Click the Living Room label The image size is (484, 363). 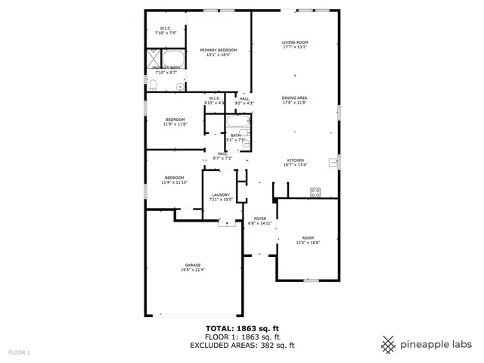click(294, 45)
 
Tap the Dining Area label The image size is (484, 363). click(294, 100)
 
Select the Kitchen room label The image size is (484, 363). click(294, 162)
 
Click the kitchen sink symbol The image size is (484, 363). click(332, 161)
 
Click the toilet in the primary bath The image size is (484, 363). click(178, 87)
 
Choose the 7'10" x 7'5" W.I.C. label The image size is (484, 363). click(166, 31)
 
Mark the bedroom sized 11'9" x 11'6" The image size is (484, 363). click(175, 122)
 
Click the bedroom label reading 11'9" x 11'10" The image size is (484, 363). click(175, 180)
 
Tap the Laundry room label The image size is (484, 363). click(220, 197)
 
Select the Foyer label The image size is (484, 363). click(259, 221)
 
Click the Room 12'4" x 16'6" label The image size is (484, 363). click(307, 240)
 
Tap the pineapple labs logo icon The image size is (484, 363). click(389, 344)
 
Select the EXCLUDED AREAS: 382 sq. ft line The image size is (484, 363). click(241, 345)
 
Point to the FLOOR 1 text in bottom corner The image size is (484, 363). click(19, 352)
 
